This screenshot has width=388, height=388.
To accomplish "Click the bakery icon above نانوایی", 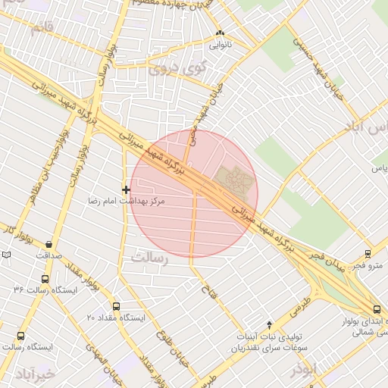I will (x=221, y=33).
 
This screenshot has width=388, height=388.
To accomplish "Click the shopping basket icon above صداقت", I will (x=49, y=244).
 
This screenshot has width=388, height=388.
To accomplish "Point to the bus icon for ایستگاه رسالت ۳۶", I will (x=19, y=289).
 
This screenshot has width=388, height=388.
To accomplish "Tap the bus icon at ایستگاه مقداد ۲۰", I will (x=115, y=305).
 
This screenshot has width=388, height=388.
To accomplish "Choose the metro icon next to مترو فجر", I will (x=368, y=254).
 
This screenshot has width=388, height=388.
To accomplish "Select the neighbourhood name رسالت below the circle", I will (x=152, y=258).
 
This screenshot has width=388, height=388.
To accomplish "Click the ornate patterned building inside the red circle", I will (x=234, y=178).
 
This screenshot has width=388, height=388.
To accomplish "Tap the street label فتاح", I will (x=205, y=289).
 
